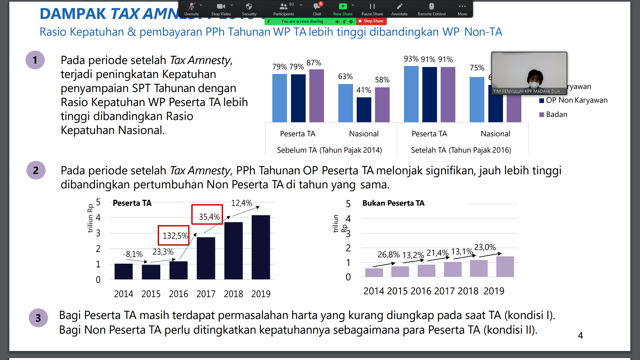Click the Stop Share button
(x=371, y=21)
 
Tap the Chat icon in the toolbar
(x=317, y=9)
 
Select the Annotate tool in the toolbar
(x=399, y=9)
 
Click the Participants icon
(x=283, y=9)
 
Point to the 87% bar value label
(x=314, y=63)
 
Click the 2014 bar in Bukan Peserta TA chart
(x=374, y=272)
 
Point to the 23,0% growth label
(x=485, y=247)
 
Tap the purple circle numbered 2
(x=36, y=170)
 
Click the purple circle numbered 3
(x=38, y=318)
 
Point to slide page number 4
(x=580, y=335)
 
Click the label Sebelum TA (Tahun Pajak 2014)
(x=329, y=150)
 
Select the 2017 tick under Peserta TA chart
(x=206, y=294)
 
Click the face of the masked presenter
(x=534, y=79)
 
